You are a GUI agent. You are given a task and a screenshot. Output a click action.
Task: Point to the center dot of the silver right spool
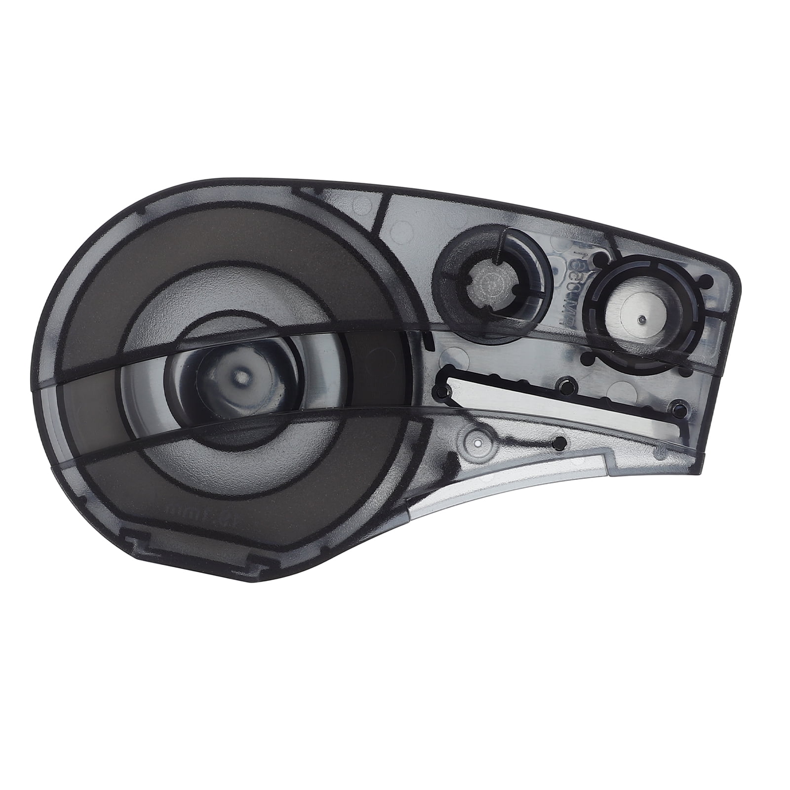(x=641, y=318)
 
